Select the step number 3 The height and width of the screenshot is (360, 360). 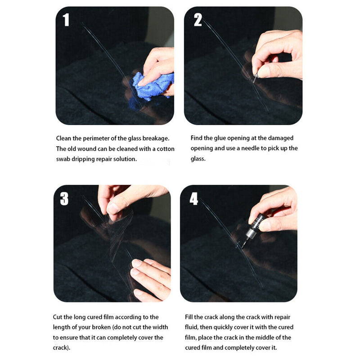[x=64, y=198]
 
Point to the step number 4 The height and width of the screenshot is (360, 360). [x=193, y=198]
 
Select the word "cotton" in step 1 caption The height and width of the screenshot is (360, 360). [x=165, y=148]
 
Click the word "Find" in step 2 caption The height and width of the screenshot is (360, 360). [x=197, y=138]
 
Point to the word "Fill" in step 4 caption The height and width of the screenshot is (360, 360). [x=190, y=317]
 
